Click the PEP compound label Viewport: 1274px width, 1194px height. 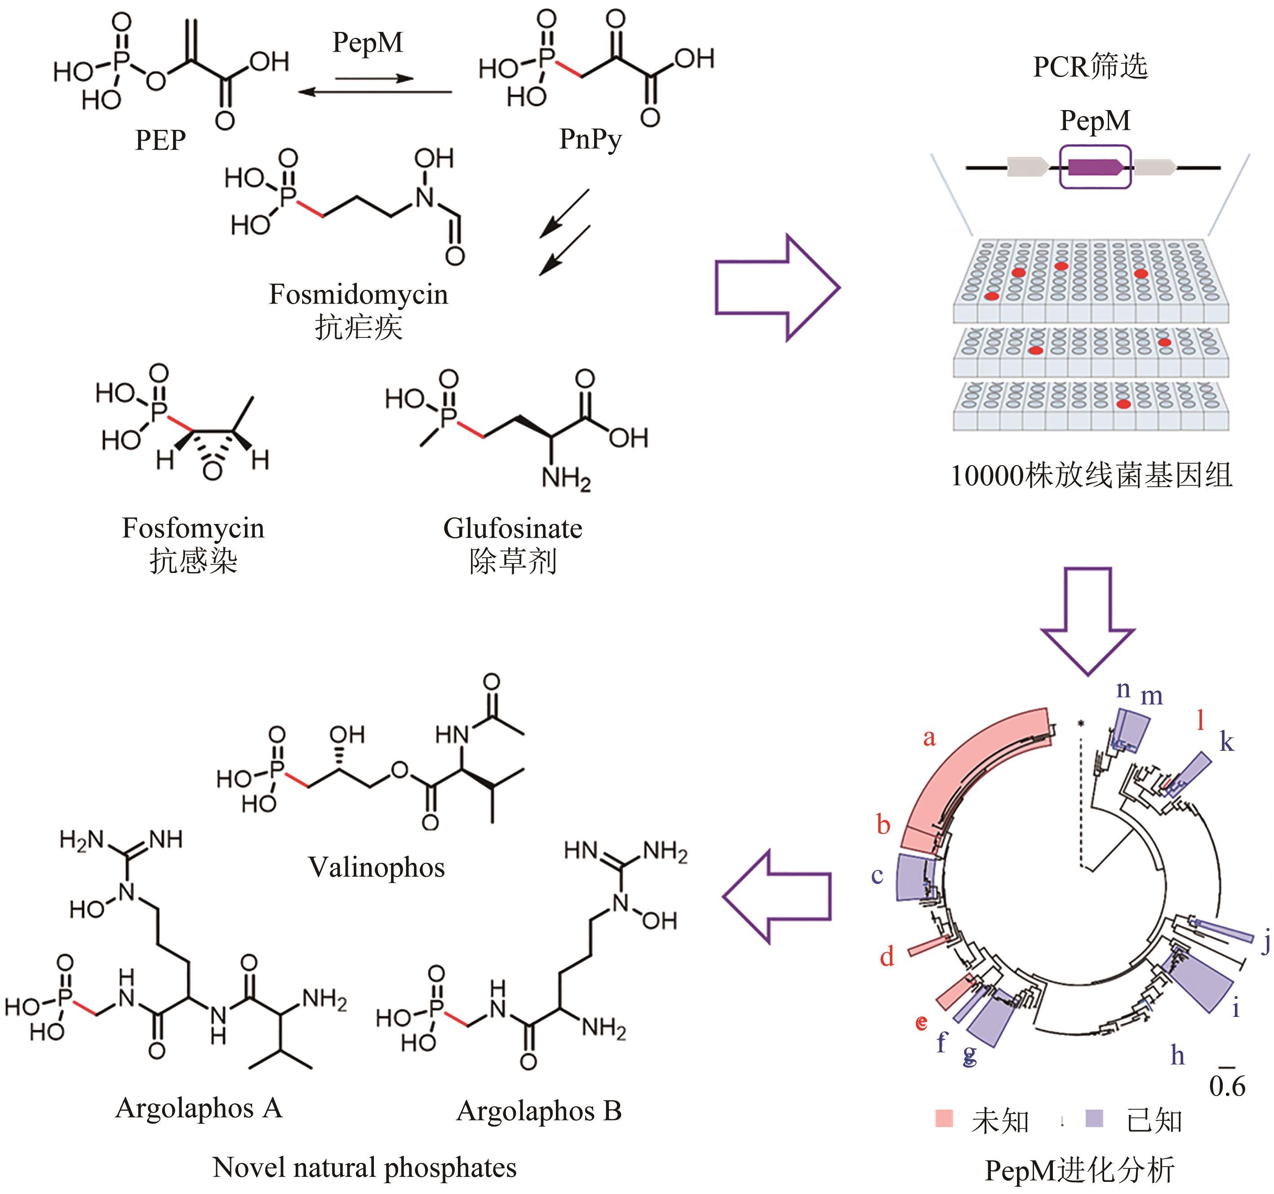(160, 140)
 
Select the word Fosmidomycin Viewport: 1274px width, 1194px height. (358, 294)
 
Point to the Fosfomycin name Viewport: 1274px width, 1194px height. (193, 528)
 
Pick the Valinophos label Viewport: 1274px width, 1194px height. (376, 868)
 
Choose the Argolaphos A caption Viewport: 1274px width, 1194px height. (199, 1107)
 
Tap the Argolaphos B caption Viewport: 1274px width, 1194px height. (539, 1111)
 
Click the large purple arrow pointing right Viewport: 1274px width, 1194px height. (776, 287)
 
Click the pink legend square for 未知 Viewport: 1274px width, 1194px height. (944, 1119)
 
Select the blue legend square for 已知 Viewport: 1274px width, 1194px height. (1095, 1119)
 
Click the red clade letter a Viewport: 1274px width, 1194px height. (929, 738)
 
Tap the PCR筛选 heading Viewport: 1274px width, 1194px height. (1090, 67)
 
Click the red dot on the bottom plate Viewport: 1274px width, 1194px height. (1123, 404)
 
